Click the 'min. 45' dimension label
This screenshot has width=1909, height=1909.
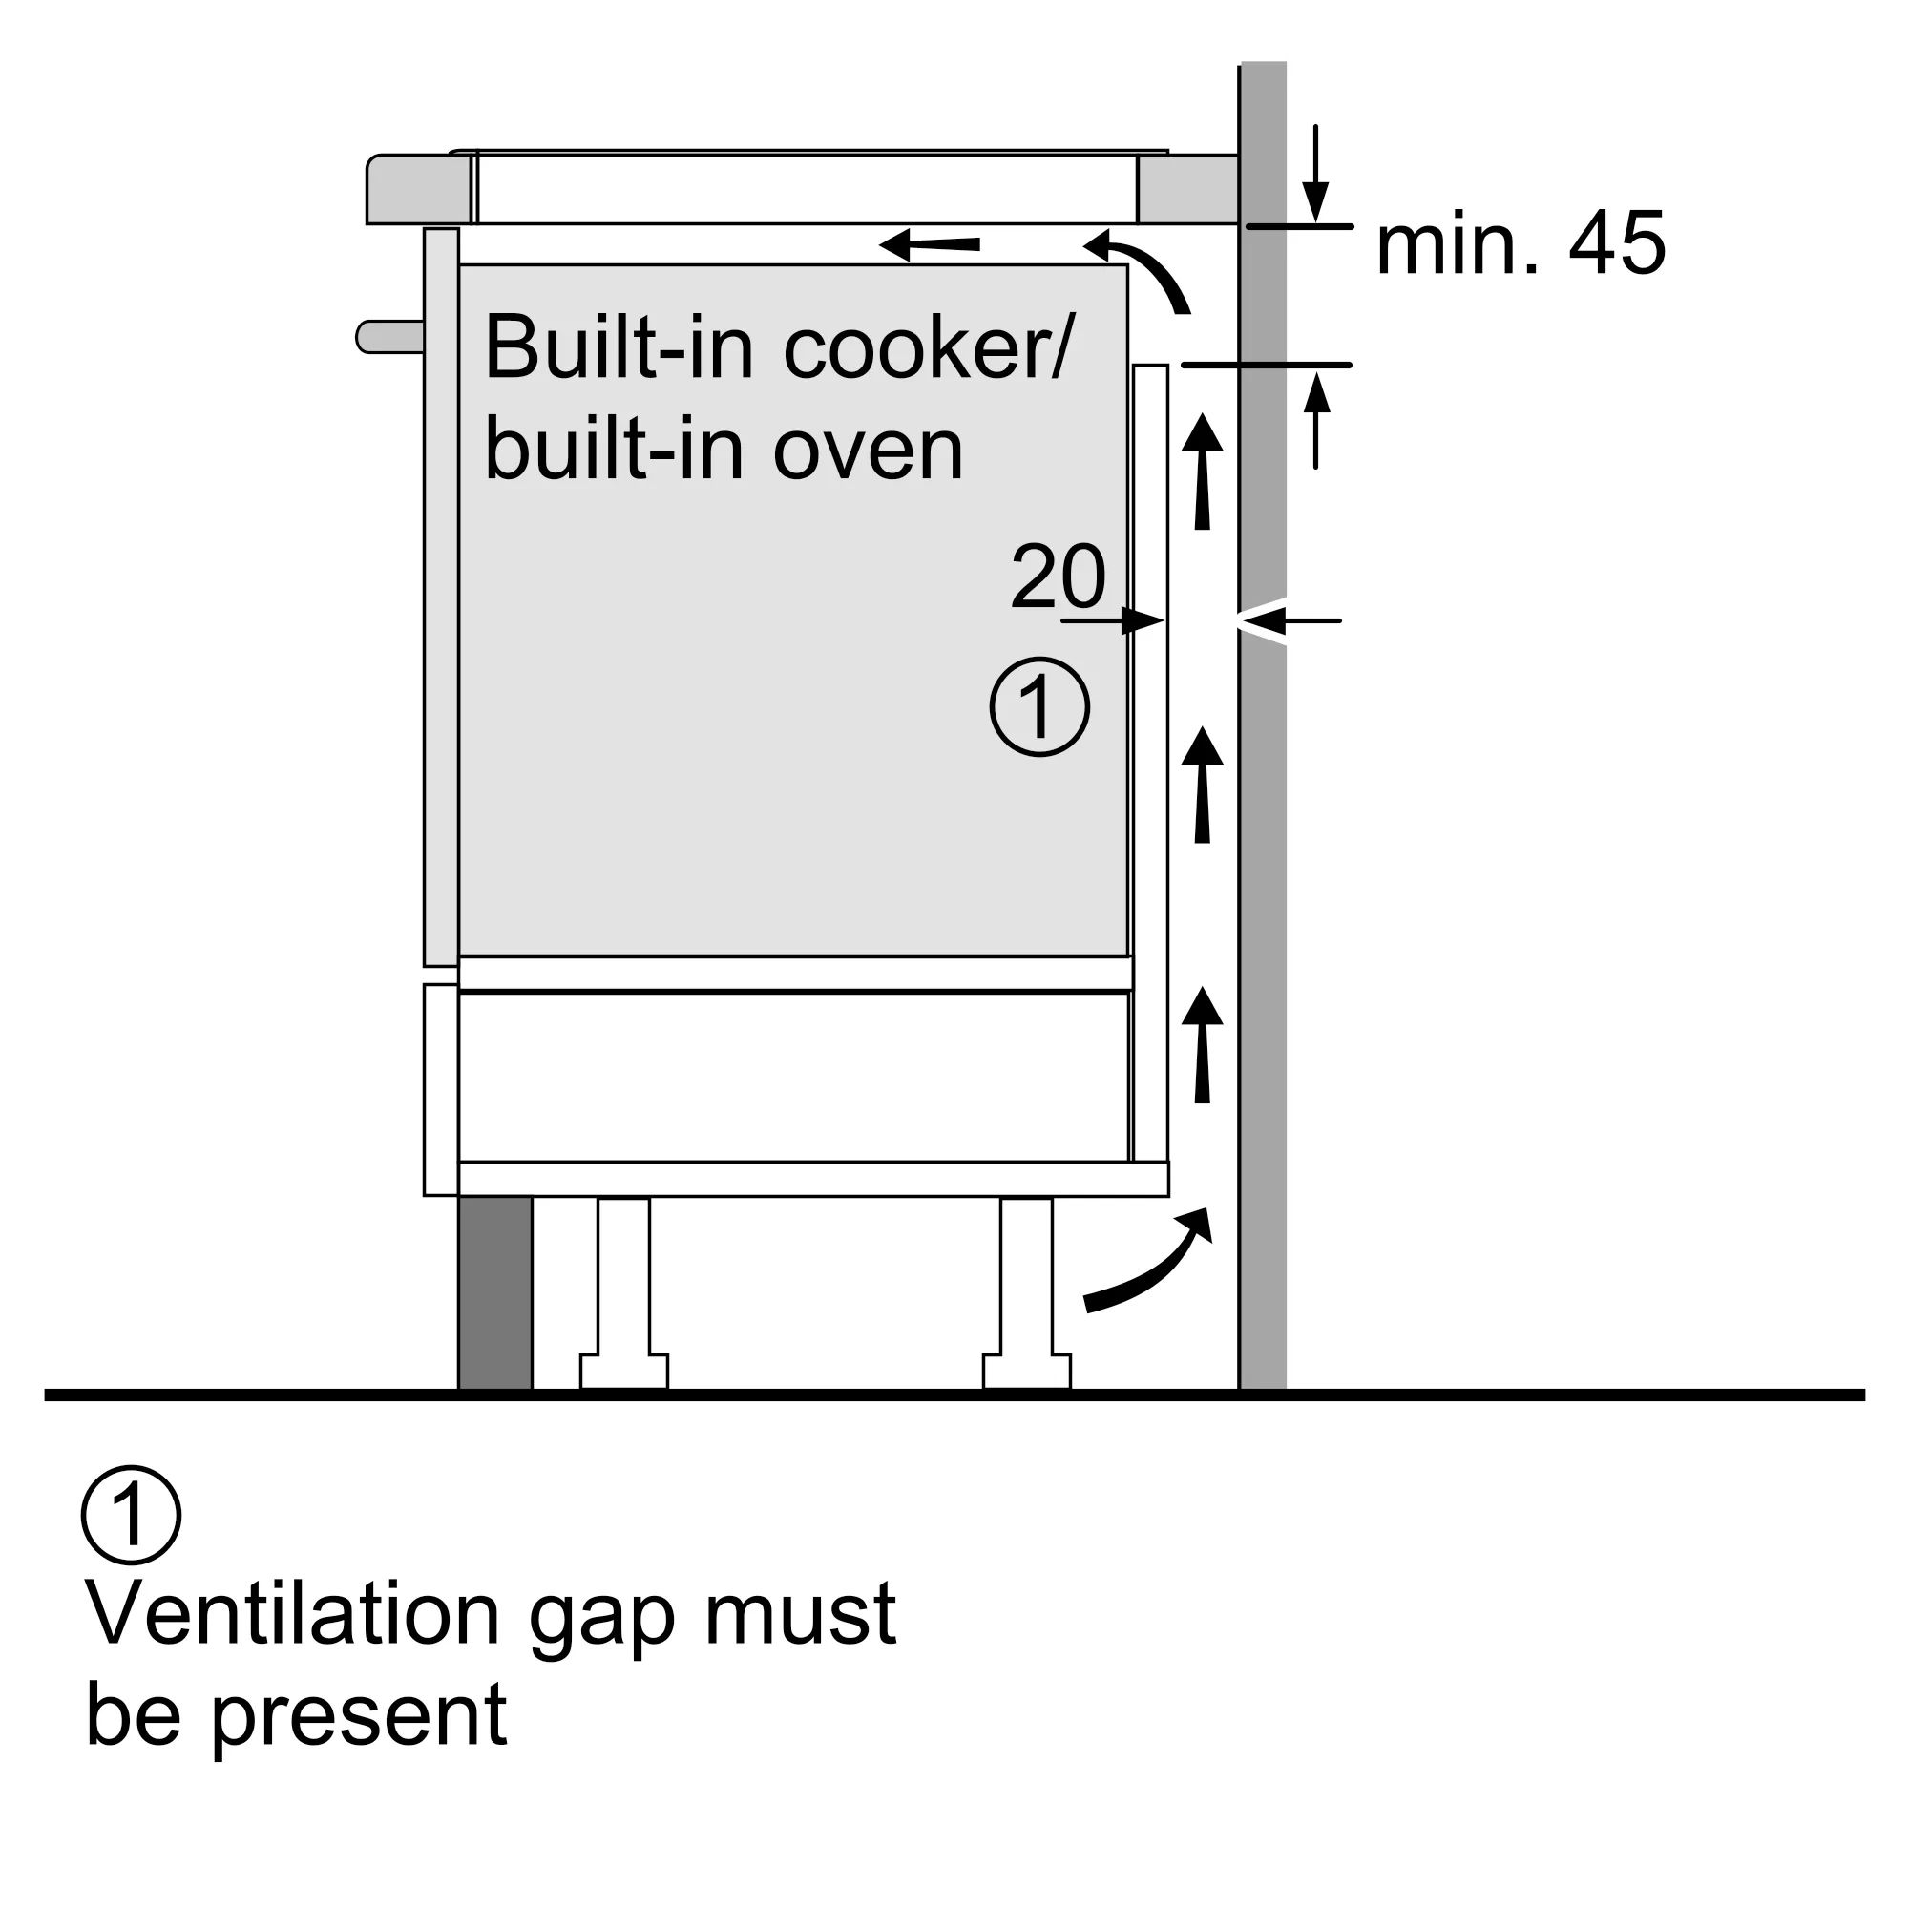(x=1520, y=245)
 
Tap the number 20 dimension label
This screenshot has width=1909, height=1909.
(x=1058, y=577)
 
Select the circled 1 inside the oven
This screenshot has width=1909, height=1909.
(x=1039, y=707)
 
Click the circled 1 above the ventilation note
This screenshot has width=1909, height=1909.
(x=132, y=1515)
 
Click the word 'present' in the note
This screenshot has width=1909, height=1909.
(x=360, y=1716)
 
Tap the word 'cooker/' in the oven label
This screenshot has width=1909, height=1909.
(x=926, y=347)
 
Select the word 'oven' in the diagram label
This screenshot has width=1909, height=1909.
(x=867, y=451)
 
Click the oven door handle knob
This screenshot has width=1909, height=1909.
(x=388, y=337)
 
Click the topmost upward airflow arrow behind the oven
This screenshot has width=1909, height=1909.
(x=1203, y=472)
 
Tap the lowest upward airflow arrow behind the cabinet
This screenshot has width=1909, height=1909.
(x=1203, y=1044)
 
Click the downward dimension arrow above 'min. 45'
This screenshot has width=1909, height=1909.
(x=1315, y=175)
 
